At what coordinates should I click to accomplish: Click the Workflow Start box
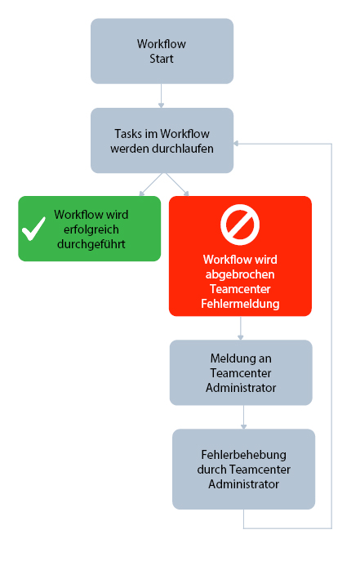(162, 51)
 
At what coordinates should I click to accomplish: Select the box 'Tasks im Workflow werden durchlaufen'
(162, 140)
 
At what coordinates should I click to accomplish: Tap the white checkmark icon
(33, 229)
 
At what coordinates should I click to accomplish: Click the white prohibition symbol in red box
(240, 225)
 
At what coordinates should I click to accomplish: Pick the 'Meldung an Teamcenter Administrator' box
(240, 372)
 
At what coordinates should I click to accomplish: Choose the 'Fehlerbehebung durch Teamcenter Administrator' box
(243, 469)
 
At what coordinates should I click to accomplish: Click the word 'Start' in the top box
(162, 59)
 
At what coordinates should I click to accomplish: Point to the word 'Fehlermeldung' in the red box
(240, 303)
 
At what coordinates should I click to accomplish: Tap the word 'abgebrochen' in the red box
(240, 274)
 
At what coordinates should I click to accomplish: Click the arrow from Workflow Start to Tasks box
(162, 96)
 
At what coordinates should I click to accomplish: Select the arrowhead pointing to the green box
(142, 194)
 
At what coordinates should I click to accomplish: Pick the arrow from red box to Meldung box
(240, 328)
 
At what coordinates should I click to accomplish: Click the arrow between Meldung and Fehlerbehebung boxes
(243, 417)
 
